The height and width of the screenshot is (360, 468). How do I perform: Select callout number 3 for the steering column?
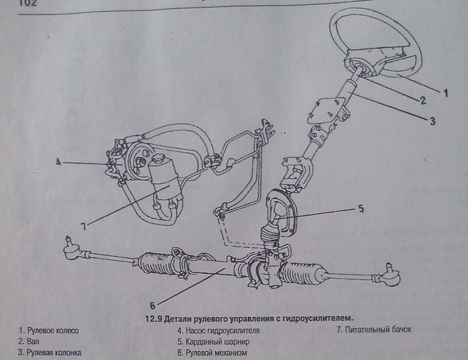[432, 120]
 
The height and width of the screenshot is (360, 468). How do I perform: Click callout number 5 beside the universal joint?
[360, 208]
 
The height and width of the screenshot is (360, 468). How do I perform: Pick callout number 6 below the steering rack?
[153, 306]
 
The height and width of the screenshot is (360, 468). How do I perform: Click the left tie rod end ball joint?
[70, 242]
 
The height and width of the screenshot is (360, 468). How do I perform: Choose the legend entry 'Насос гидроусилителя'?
[218, 330]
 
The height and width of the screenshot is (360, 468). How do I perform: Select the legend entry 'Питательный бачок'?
[374, 330]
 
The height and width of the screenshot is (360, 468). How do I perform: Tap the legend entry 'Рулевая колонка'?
[49, 352]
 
